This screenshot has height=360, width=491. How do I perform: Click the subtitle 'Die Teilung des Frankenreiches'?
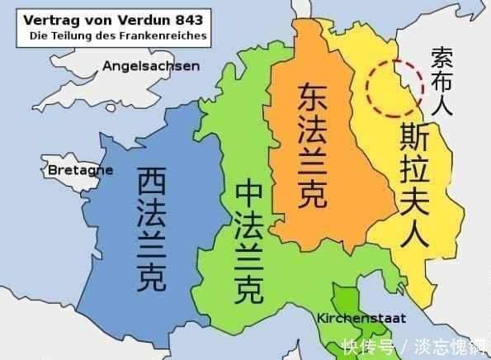pyautogui.click(x=117, y=36)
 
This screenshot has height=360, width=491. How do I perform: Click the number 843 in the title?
pyautogui.click(x=186, y=19)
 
